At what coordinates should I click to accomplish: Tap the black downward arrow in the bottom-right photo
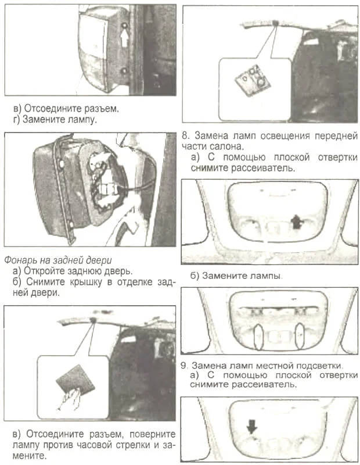251,427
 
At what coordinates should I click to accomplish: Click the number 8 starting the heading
185,136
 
